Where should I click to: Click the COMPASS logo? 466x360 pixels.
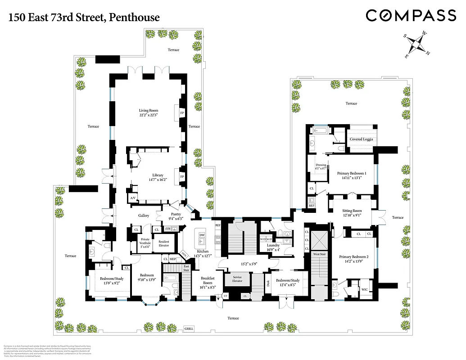(411, 16)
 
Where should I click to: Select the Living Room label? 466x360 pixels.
(148, 113)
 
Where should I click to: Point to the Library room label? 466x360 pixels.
(158, 178)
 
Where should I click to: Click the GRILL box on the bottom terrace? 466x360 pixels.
(189, 328)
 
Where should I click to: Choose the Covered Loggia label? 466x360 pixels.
(362, 139)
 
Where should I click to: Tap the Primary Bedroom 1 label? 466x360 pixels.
(352, 175)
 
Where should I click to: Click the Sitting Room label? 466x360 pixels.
(351, 213)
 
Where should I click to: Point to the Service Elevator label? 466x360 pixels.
(237, 279)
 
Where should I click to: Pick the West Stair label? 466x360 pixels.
(320, 255)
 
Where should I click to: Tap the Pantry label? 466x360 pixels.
(175, 216)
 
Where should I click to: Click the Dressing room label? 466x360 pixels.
(321, 166)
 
